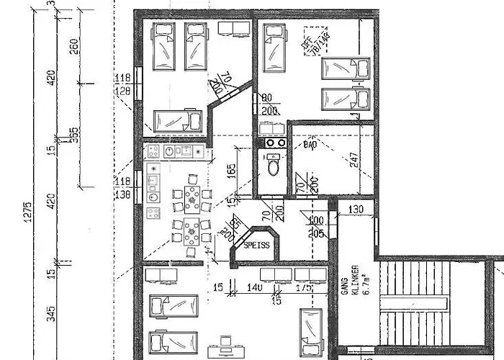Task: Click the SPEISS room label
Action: pos(257,245)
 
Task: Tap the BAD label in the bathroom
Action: pos(310,145)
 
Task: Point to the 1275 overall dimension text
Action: pos(27,213)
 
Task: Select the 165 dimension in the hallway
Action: pos(232,171)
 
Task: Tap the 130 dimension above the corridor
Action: pos(355,210)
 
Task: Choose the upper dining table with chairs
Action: pos(192,197)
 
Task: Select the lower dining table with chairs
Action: pos(192,232)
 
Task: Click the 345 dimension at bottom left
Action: pos(51,312)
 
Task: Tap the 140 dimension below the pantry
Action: pos(254,288)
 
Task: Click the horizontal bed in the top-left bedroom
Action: pos(177,120)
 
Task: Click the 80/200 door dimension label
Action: pos(271,105)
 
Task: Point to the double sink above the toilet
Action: pos(274,143)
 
